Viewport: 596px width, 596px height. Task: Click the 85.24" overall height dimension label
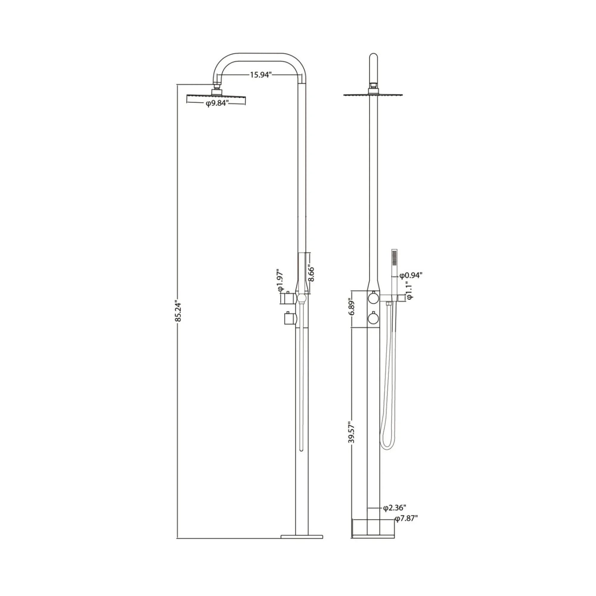pos(178,311)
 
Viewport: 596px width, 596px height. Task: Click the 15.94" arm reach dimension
pos(260,75)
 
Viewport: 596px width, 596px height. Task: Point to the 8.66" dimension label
pos(312,274)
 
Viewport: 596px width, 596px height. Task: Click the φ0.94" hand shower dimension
pos(411,275)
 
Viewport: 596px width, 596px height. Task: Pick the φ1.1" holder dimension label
pos(409,290)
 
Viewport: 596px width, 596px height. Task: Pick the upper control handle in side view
pos(288,298)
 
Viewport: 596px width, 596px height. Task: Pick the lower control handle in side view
pos(289,318)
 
